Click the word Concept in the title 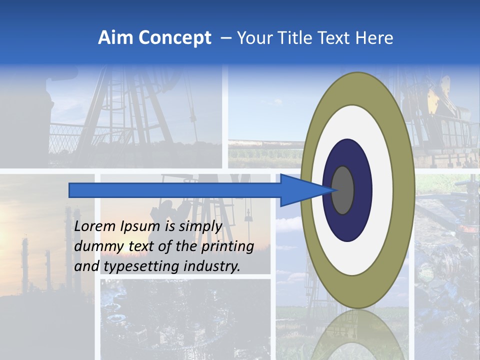pyautogui.click(x=174, y=38)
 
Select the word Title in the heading pyautogui.click(x=296, y=38)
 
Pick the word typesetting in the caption pyautogui.click(x=141, y=266)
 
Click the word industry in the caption pyautogui.click(x=212, y=266)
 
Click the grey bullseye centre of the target pyautogui.click(x=343, y=190)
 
